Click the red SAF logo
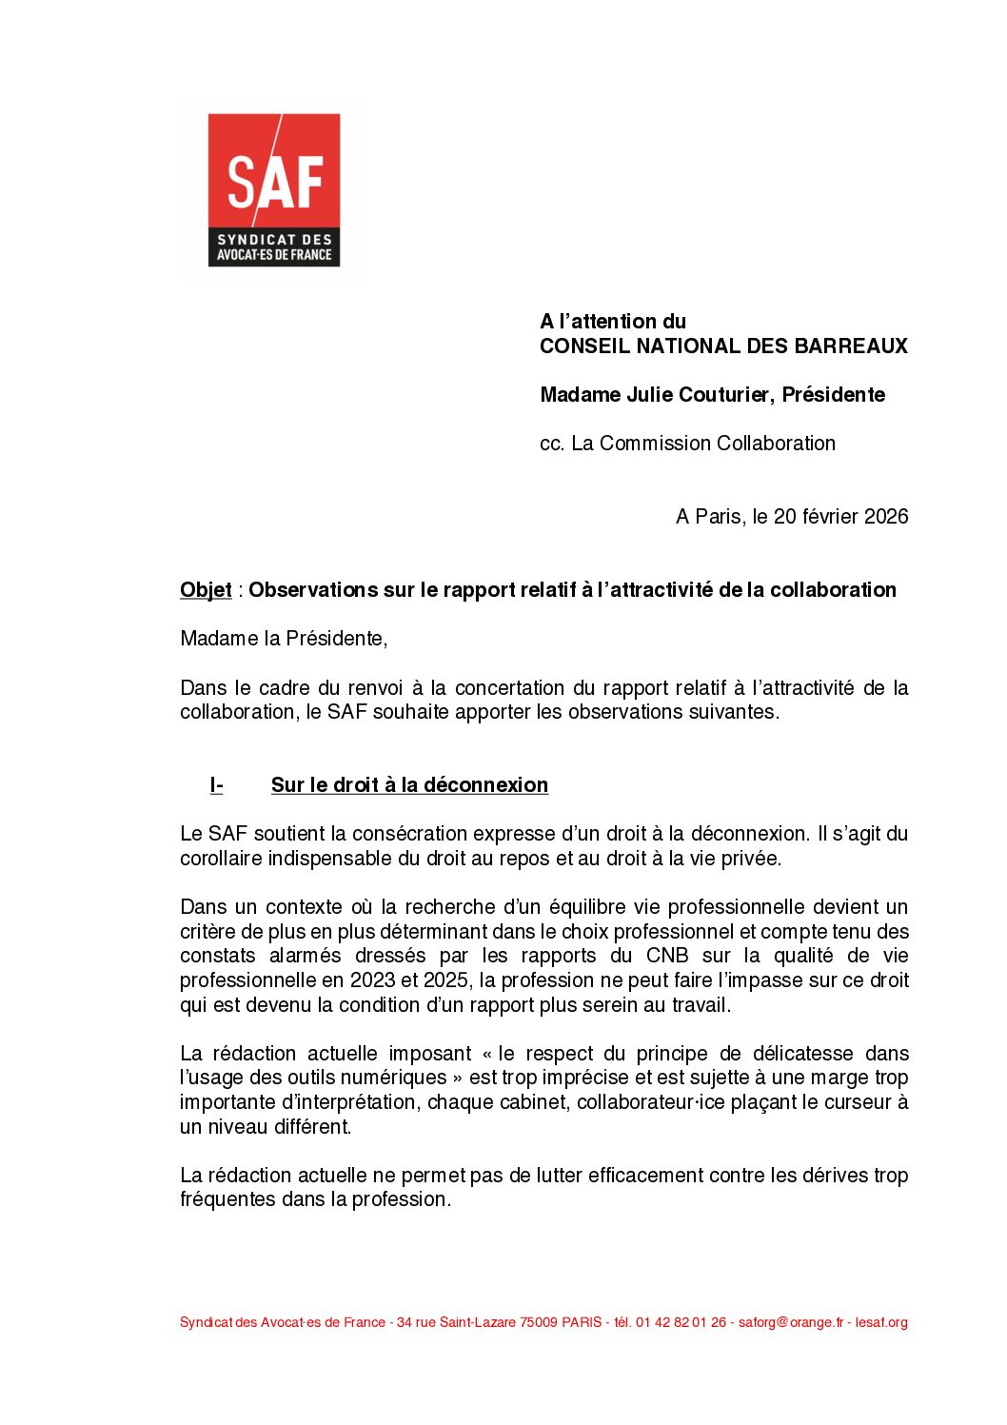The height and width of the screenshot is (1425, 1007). [x=274, y=189]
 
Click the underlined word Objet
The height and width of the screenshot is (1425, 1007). [x=206, y=590]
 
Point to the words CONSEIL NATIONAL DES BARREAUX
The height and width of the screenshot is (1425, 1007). [x=723, y=346]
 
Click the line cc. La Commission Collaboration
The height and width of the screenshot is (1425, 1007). [x=687, y=444]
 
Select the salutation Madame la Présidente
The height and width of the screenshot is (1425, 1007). [x=283, y=639]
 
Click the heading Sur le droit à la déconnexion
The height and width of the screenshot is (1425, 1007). [x=409, y=785]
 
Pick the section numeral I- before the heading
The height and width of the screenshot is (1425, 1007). [x=216, y=785]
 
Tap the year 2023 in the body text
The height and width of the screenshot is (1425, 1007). [x=373, y=980]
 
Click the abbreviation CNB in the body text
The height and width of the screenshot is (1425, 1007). [x=667, y=956]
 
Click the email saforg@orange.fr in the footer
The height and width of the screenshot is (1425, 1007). [x=791, y=1323]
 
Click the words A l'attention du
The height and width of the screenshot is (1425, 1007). [x=612, y=322]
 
